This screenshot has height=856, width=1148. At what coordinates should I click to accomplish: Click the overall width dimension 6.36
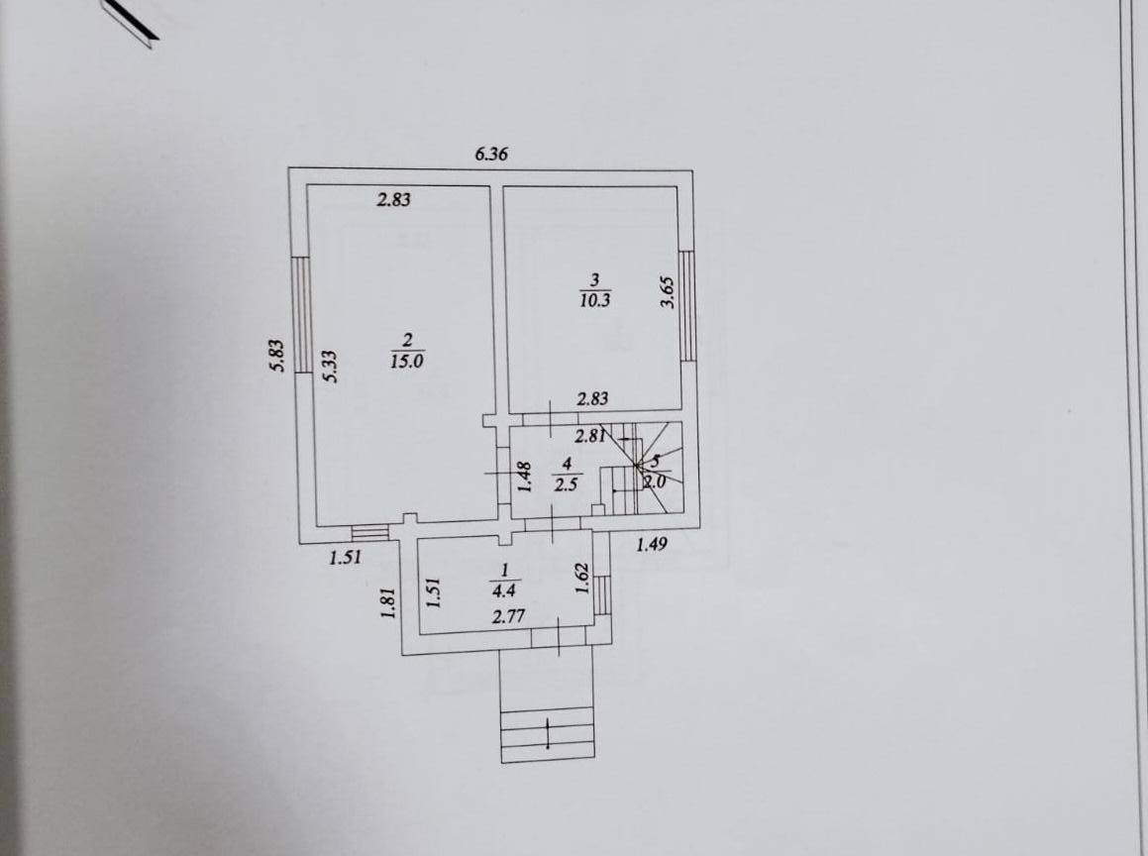pos(491,154)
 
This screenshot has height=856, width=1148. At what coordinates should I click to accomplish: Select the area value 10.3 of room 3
pos(594,300)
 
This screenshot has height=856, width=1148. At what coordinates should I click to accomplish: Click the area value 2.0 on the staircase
pos(655,481)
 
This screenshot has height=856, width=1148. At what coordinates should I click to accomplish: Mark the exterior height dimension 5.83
pos(277,355)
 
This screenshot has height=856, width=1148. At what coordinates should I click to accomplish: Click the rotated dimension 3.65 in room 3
pos(668,292)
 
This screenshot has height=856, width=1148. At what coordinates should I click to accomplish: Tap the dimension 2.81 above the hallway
pos(590,435)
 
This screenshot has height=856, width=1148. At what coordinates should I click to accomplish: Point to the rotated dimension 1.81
pos(389,603)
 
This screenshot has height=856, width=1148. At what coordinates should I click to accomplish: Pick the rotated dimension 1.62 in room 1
pos(582,578)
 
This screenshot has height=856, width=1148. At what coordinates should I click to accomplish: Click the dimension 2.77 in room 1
pos(506,617)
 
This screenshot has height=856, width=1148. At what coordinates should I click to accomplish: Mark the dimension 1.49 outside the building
pos(652,543)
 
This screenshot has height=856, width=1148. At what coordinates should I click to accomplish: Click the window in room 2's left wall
pos(304,312)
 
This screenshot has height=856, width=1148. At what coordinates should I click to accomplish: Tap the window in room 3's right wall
pos(687,305)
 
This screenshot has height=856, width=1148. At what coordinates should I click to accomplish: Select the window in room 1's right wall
pos(600,595)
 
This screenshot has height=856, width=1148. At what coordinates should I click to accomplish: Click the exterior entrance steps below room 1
pos(548,733)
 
